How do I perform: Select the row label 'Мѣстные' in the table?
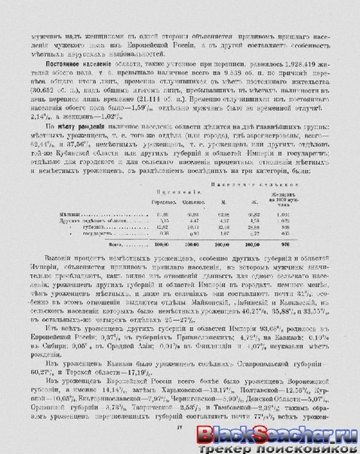click(68, 215)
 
